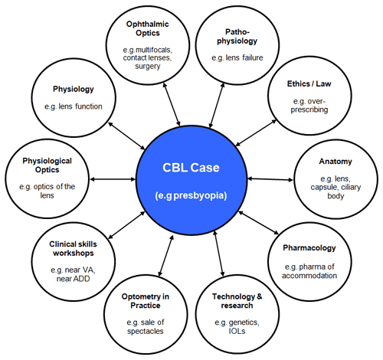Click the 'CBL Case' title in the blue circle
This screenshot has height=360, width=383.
click(191, 168)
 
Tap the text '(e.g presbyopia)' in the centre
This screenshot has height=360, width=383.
click(191, 195)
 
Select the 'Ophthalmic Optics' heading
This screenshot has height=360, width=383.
click(148, 28)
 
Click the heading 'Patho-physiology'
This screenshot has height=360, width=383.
click(237, 37)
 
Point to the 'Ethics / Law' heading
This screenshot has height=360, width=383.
click(309, 83)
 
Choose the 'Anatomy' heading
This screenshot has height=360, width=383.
click(336, 162)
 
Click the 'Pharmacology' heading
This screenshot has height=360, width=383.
click(309, 248)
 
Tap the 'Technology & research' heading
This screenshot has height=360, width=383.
click(237, 301)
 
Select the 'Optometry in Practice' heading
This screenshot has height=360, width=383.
click(146, 301)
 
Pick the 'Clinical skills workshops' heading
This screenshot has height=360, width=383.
click(74, 249)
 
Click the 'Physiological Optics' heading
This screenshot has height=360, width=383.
click(47, 165)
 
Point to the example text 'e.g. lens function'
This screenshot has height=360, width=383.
click(74, 106)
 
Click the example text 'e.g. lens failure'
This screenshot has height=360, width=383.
click(237, 58)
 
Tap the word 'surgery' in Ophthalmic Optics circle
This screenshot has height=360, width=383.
click(148, 67)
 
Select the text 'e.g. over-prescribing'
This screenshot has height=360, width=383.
click(309, 106)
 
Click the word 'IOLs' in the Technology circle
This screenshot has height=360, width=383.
click(237, 331)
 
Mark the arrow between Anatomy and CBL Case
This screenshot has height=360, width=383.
click(270, 179)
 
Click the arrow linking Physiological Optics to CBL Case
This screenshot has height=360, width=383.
click(113, 179)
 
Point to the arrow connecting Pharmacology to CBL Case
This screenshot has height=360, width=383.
click(259, 223)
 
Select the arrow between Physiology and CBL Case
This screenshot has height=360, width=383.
click(126, 136)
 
